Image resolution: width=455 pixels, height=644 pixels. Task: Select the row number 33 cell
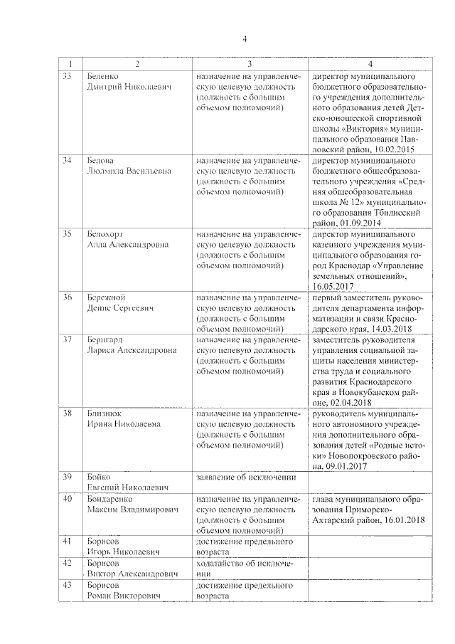[x=67, y=76]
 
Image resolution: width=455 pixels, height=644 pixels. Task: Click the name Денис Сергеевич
[x=118, y=307]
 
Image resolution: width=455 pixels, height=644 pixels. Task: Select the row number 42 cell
[x=67, y=562]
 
